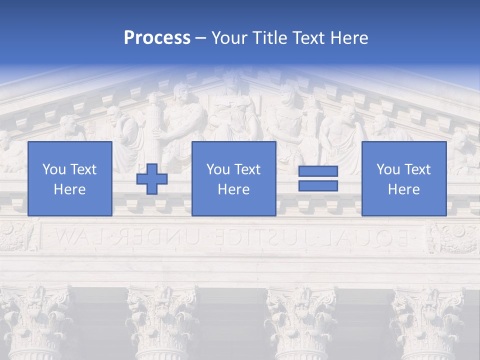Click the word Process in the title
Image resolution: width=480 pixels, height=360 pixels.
(x=157, y=38)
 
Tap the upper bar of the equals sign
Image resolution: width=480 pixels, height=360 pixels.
(x=318, y=171)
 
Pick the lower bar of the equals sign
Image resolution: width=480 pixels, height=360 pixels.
(x=318, y=186)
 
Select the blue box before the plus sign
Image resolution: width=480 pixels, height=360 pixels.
(x=69, y=178)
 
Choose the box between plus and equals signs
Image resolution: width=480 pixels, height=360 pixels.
(x=233, y=178)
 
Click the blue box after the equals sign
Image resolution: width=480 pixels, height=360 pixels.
(x=403, y=178)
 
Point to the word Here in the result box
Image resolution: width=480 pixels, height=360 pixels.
(x=403, y=189)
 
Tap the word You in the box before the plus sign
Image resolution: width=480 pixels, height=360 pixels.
(x=54, y=169)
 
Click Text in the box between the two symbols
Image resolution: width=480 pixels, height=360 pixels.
(x=248, y=169)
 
